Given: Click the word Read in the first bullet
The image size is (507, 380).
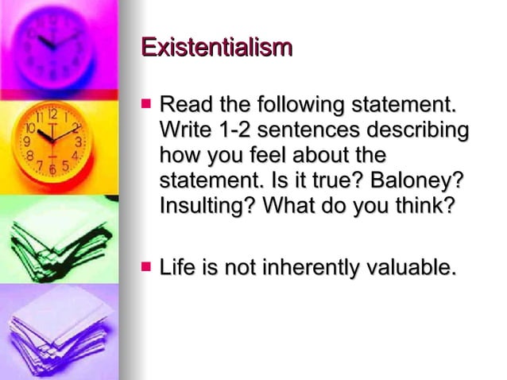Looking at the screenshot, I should [x=185, y=105].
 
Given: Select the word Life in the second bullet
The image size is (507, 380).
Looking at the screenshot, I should [x=177, y=268].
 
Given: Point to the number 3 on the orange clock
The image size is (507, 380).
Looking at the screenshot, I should [x=79, y=141].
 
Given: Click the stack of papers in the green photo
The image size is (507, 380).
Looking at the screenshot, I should [x=60, y=238].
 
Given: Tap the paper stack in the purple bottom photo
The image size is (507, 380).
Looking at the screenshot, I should [x=60, y=326].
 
